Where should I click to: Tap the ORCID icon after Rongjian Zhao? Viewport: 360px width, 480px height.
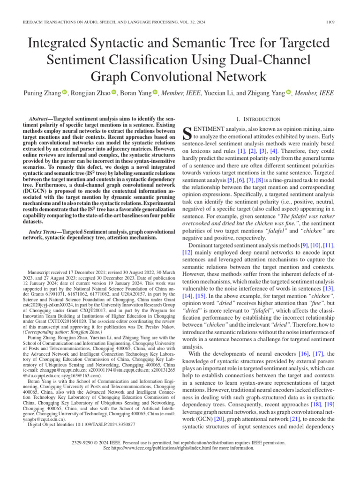(114, 93)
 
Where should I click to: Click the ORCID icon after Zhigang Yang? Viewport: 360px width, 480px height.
(289, 93)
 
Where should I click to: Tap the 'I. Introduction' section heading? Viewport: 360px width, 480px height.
(261, 120)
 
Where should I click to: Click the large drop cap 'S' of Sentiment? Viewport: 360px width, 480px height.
(186, 133)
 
